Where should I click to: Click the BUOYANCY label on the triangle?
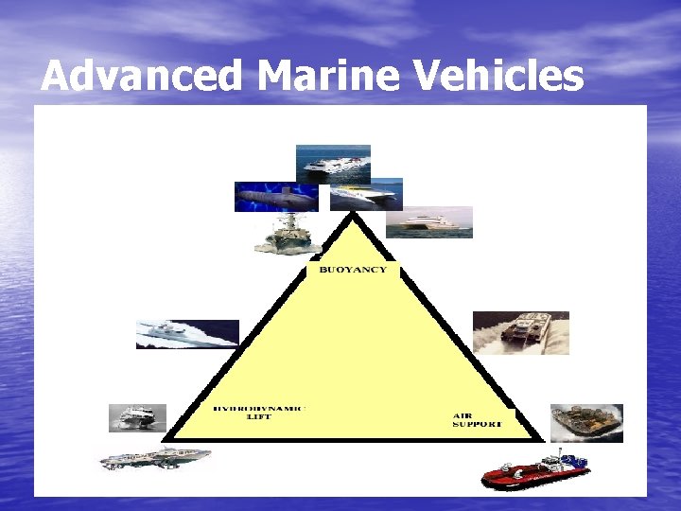click(352, 270)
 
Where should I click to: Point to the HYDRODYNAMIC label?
click(258, 408)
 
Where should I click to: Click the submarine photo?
click(276, 197)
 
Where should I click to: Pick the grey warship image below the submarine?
click(288, 234)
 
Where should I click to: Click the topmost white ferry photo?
click(332, 163)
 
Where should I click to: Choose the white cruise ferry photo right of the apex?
click(428, 222)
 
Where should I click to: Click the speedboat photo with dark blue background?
click(187, 334)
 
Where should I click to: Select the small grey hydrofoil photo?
click(137, 417)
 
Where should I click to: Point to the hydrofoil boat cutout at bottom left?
click(156, 460)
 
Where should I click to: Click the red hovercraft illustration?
click(535, 470)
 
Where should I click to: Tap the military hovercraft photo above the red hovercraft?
click(586, 423)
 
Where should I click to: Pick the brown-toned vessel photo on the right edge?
click(520, 332)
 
